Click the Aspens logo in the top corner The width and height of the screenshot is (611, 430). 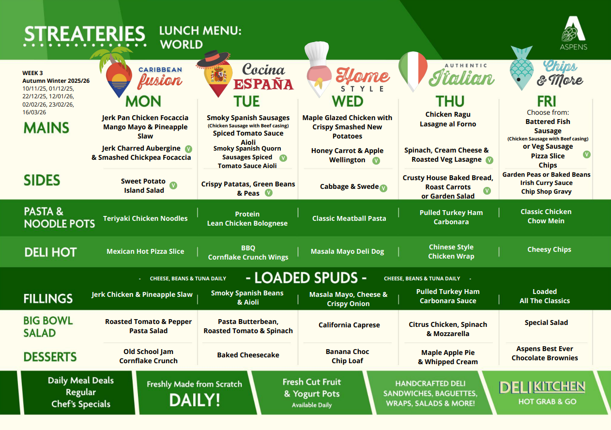(574, 33)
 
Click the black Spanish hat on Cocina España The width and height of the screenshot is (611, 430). (213, 58)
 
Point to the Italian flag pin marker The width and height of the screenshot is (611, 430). (412, 71)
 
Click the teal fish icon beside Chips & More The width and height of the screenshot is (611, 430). (522, 69)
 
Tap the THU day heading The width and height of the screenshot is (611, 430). (450, 101)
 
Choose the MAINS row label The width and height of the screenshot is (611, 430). (46, 128)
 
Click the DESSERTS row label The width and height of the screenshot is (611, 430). (50, 357)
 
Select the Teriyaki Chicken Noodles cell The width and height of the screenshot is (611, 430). (145, 218)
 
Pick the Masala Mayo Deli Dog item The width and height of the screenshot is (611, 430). (347, 251)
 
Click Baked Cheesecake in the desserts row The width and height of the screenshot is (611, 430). (248, 355)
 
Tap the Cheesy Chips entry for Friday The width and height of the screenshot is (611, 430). (549, 249)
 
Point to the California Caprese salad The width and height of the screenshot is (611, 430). (349, 325)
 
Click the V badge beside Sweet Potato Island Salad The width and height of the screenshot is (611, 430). (173, 185)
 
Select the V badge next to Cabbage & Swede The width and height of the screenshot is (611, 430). (383, 188)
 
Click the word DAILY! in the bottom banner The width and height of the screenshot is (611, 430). (194, 400)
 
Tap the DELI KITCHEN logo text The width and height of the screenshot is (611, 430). (542, 387)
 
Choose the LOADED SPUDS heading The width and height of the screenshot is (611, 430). (306, 278)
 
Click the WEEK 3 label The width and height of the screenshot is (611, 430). (32, 73)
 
